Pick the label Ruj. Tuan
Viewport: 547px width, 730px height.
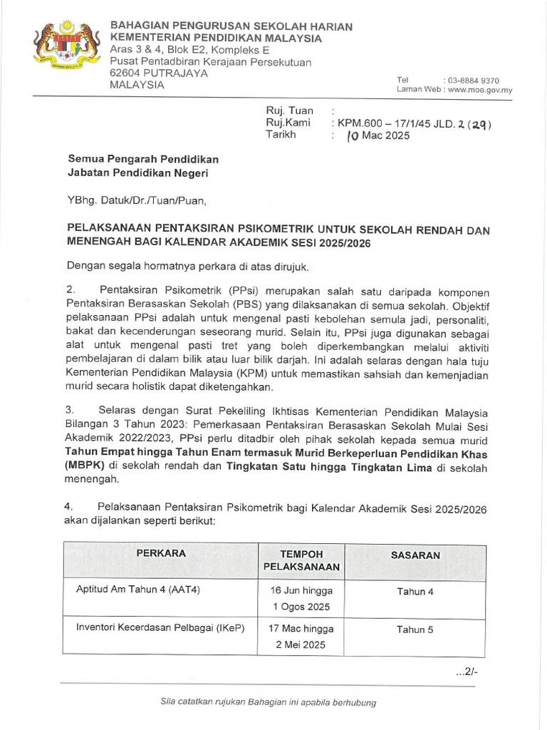(289, 110)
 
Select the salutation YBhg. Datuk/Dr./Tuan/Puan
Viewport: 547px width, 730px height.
(136, 201)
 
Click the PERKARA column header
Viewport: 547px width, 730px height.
(162, 553)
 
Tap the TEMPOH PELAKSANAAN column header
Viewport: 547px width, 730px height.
(301, 561)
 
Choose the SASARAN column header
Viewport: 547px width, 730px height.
(415, 555)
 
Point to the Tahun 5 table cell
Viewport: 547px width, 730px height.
(415, 629)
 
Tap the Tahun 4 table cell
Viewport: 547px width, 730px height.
(415, 592)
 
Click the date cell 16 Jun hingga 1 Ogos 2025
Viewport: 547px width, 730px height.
(301, 599)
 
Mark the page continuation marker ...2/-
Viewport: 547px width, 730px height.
(467, 671)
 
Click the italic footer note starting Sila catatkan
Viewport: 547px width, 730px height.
(269, 702)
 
